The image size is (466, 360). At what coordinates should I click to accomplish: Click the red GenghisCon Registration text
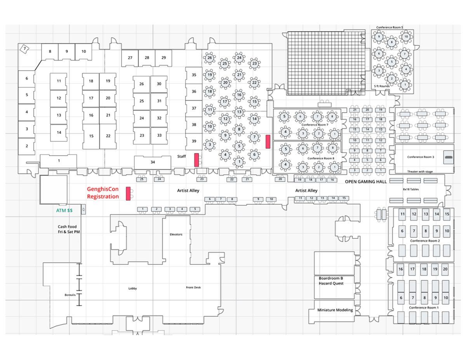pos(103,193)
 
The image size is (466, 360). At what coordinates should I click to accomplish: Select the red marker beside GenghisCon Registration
pos(128,194)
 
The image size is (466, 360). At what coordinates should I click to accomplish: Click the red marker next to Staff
pos(196,160)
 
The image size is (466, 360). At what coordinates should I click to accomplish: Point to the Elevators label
pos(176,234)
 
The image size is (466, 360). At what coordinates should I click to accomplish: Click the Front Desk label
pos(193,287)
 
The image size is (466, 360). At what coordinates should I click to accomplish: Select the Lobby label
pos(133,289)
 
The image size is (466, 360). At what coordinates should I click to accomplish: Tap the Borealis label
pos(70,295)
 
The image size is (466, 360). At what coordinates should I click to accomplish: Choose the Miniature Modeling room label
pos(335,310)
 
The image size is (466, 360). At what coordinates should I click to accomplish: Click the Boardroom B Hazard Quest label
pos(331,281)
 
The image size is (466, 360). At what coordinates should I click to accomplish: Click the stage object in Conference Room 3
pos(449,157)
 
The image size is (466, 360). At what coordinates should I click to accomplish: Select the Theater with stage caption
pos(420,171)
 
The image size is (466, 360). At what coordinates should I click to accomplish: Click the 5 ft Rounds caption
pos(382,86)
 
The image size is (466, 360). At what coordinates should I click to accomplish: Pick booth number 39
pos(194,141)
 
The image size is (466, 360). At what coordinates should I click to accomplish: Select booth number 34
pos(153,162)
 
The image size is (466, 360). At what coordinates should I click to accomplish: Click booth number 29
pos(163,58)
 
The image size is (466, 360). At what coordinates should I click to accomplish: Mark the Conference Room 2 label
pos(425,241)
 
